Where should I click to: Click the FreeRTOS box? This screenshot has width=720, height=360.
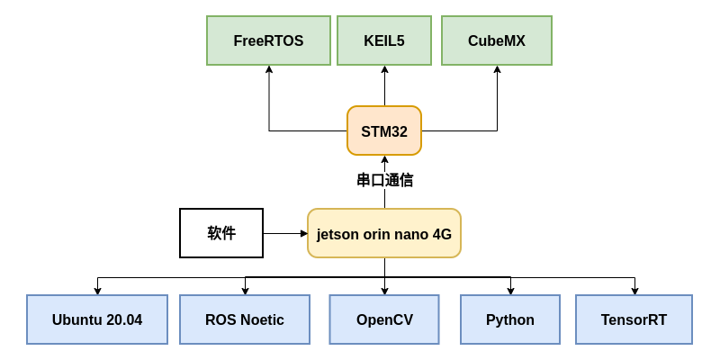point(268,40)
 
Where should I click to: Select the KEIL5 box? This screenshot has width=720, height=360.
point(384,40)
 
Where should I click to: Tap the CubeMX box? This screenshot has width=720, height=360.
point(497,40)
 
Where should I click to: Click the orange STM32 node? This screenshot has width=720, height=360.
point(384,131)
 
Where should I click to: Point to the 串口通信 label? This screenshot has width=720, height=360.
point(385,180)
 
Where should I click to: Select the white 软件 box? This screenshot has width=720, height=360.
point(221,233)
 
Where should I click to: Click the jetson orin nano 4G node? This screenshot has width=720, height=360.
point(384,234)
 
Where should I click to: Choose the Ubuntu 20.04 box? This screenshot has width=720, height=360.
point(97,319)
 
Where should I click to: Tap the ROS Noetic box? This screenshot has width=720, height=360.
point(245,319)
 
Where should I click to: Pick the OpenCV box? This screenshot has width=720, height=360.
point(384,319)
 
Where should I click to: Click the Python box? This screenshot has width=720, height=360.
point(510,319)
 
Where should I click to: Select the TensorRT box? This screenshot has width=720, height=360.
point(634,319)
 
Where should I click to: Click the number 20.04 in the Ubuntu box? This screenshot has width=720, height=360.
point(123,319)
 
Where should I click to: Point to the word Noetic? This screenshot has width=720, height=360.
point(262,319)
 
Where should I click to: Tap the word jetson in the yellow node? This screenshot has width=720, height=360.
point(337,234)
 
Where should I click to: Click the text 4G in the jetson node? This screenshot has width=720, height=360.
point(442,234)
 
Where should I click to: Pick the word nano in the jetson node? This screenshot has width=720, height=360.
point(411,234)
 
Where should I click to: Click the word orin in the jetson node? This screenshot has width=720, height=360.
point(376,234)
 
